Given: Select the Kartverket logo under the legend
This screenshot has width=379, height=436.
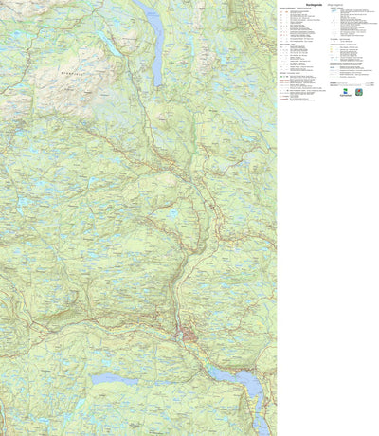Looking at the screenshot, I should click(x=344, y=93).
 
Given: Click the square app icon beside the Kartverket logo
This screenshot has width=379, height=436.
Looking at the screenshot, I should click(x=358, y=93).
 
